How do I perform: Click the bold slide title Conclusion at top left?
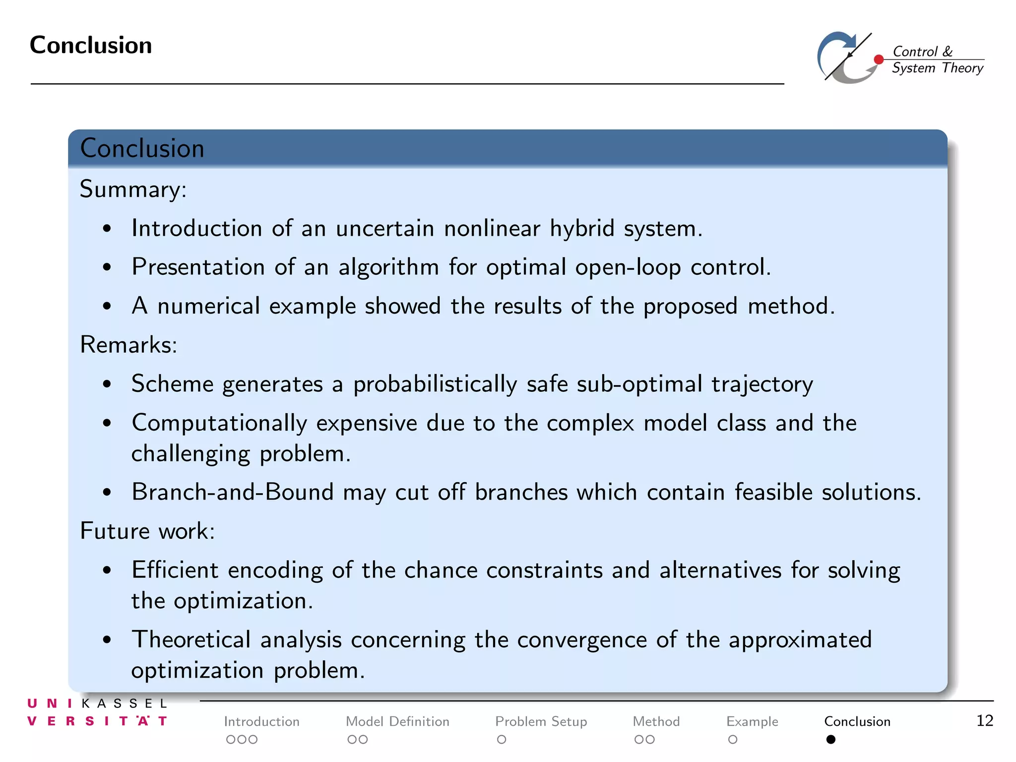click(x=91, y=45)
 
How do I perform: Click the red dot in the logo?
click(x=879, y=60)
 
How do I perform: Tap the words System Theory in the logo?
click(x=937, y=68)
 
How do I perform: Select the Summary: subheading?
click(x=133, y=190)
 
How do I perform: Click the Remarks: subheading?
click(x=128, y=345)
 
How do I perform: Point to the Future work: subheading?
click(x=147, y=531)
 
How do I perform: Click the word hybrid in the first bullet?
click(x=582, y=229)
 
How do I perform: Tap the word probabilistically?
click(x=435, y=384)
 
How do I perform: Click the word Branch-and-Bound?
click(x=232, y=492)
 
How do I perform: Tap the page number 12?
click(x=984, y=720)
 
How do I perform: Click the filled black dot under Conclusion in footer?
click(x=831, y=740)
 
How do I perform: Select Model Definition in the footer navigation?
click(x=397, y=721)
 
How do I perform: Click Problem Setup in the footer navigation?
click(x=541, y=721)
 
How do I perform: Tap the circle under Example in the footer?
click(x=733, y=740)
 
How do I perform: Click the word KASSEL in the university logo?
click(x=124, y=703)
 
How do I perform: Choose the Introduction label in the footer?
click(x=261, y=721)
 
